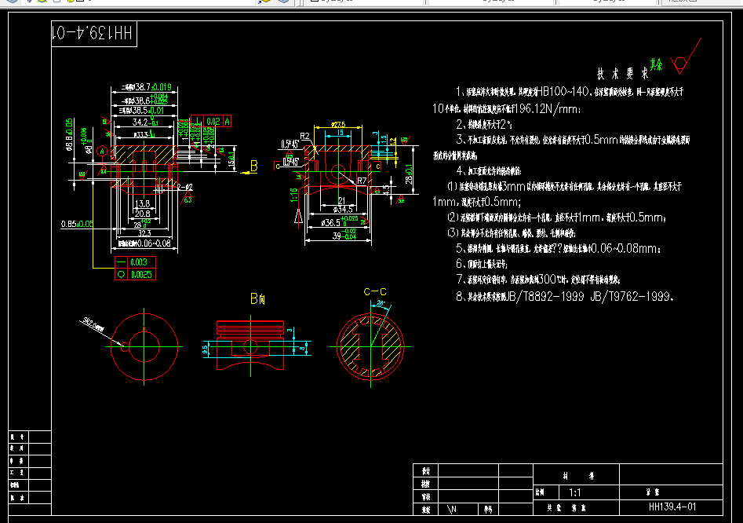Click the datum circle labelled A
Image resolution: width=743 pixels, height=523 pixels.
point(101,152)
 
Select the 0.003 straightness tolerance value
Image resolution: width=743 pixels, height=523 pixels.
point(139,262)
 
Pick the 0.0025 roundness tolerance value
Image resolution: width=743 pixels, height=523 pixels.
point(141,275)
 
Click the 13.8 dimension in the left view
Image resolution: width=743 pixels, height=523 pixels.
point(142,203)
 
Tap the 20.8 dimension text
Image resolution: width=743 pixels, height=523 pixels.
point(142,214)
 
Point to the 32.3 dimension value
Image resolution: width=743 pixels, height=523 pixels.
point(144,233)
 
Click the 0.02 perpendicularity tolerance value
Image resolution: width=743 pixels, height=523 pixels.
point(213,122)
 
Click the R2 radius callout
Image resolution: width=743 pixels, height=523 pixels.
point(305,137)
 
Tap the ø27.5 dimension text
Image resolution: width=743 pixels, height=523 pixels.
point(338,125)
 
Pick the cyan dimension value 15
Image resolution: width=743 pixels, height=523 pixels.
point(339,133)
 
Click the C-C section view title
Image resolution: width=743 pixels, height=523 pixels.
point(375,292)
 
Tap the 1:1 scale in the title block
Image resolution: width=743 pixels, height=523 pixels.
point(574,492)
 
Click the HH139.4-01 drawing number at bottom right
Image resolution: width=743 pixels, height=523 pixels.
point(672,507)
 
